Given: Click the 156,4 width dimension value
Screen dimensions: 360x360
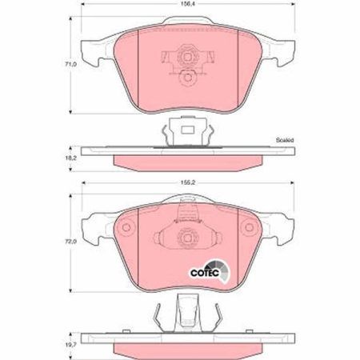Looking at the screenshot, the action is (x=185, y=4).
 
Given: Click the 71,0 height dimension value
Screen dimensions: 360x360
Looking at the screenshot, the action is (x=70, y=64).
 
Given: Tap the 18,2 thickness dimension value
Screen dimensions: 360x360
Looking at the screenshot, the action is (x=70, y=158).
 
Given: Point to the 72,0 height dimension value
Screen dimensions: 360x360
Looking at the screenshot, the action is (x=70, y=242).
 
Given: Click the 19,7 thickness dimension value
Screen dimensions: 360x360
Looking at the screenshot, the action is (x=70, y=345).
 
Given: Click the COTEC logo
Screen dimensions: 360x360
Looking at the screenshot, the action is (x=210, y=271).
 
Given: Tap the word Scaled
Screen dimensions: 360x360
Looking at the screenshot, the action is (x=285, y=140).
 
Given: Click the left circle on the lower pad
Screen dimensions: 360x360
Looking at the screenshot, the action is (x=126, y=227).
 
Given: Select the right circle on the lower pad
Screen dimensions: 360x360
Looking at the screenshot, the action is (x=249, y=227).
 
